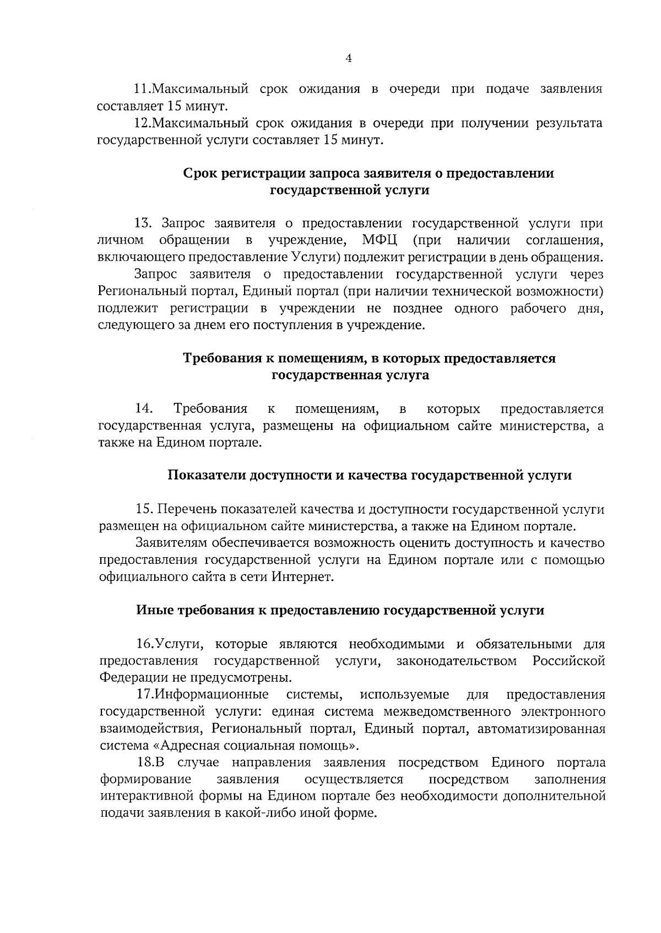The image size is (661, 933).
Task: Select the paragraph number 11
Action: [x=143, y=89]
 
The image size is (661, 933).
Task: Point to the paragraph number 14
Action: [x=144, y=409]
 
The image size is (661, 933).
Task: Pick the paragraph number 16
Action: [x=145, y=644]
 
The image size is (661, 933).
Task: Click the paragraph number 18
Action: [x=147, y=763]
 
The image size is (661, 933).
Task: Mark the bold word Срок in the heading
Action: [x=201, y=173]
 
